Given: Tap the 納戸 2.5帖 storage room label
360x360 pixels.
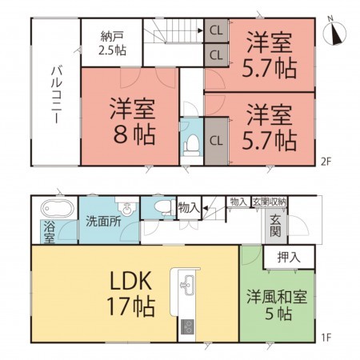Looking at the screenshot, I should (x=112, y=42).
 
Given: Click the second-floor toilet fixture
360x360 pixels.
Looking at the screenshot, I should (x=191, y=143).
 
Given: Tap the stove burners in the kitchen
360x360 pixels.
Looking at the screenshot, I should (x=189, y=326).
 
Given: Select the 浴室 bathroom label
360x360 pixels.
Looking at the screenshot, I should (x=47, y=231).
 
